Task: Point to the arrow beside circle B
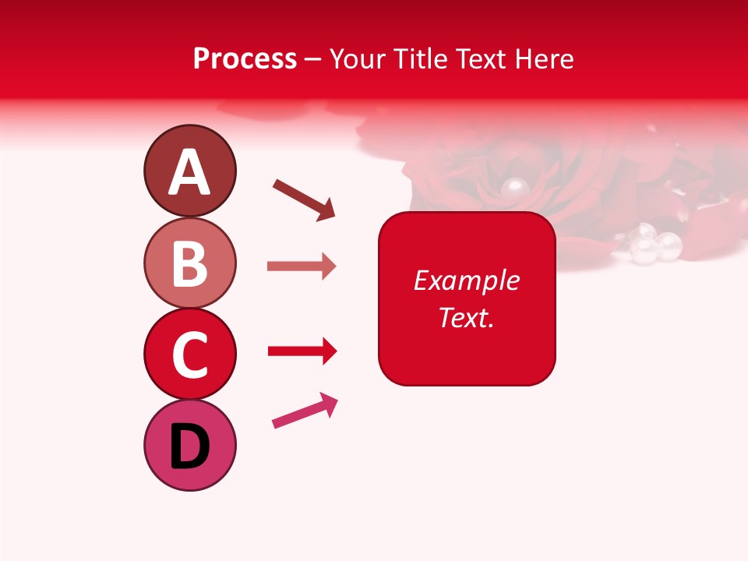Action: [302, 266]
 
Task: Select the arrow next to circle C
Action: [302, 351]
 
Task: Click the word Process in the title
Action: [245, 59]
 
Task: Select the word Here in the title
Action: [545, 59]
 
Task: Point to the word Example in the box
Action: [466, 280]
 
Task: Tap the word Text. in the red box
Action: [466, 318]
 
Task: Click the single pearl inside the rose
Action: [513, 188]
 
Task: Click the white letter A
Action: [189, 172]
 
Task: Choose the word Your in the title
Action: [357, 59]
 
